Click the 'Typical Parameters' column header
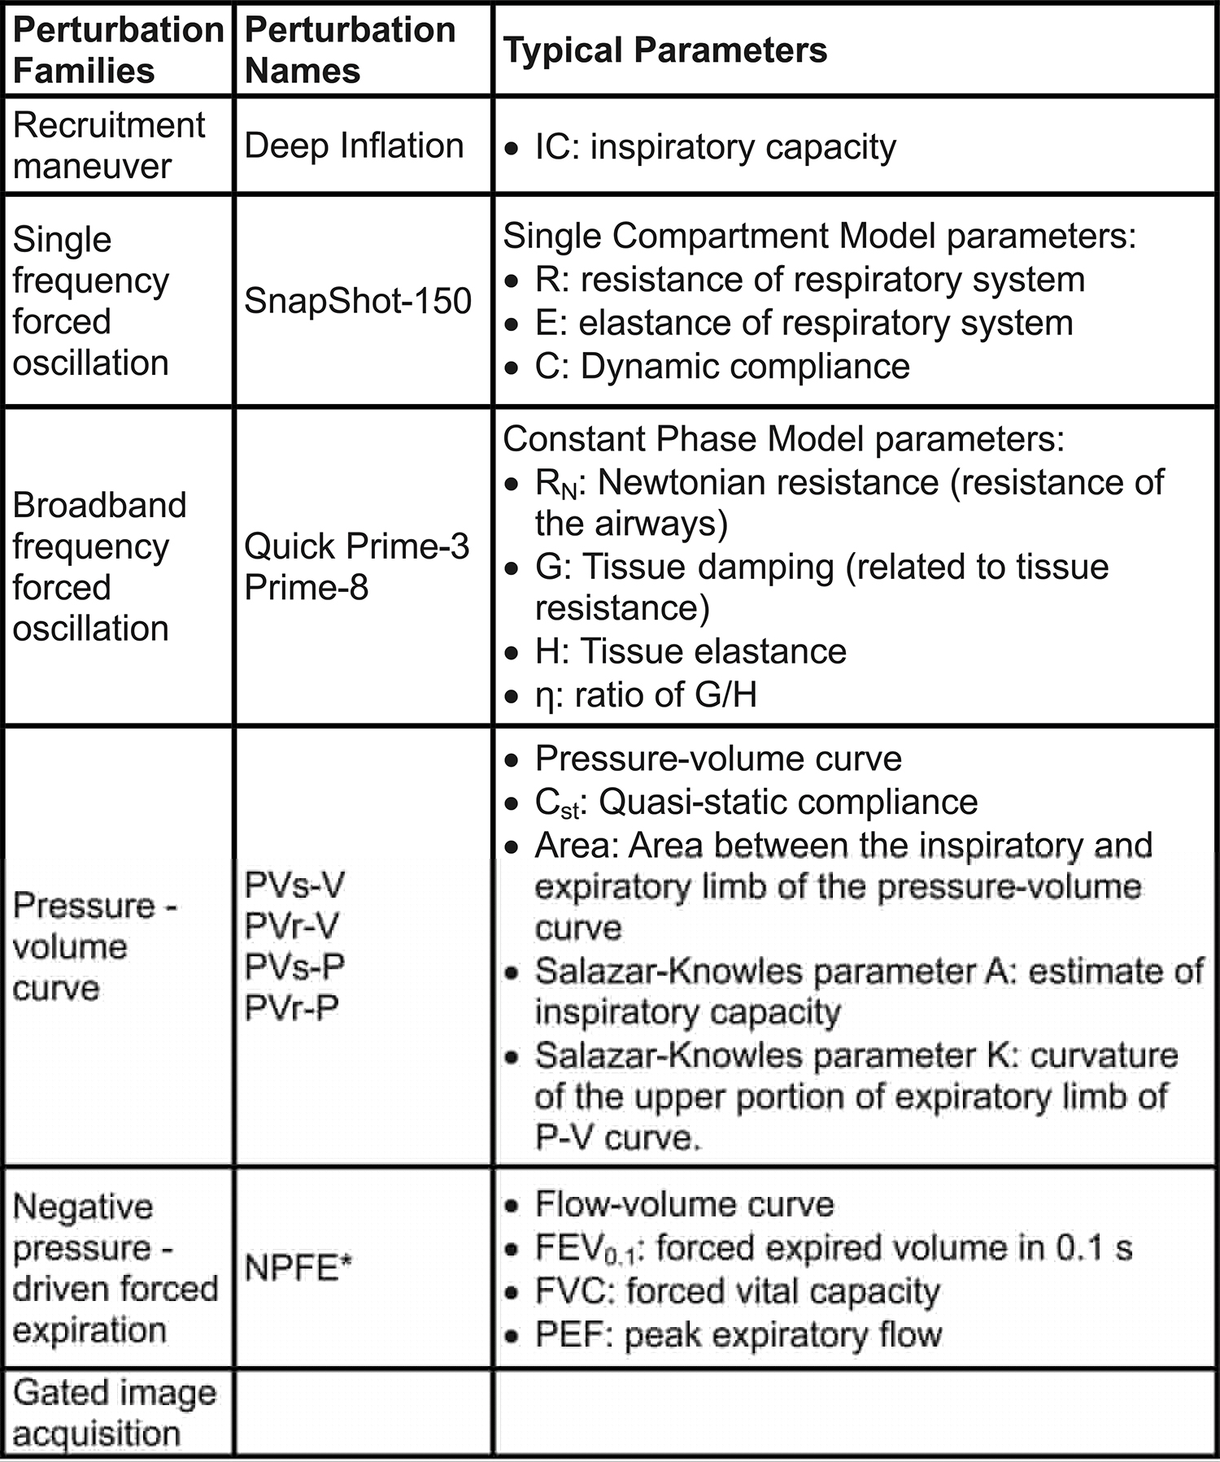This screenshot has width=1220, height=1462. [x=664, y=50]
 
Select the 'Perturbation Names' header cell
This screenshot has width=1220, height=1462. [x=350, y=50]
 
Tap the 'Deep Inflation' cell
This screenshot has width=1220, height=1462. [x=354, y=146]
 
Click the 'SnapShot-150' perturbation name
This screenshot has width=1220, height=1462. [x=358, y=302]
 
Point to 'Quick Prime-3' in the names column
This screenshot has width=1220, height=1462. [x=356, y=546]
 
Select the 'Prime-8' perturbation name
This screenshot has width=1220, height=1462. [x=306, y=587]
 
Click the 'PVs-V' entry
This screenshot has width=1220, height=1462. [x=294, y=885]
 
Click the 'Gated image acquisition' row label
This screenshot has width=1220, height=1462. [x=114, y=1413]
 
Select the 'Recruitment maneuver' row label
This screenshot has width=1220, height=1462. [x=109, y=146]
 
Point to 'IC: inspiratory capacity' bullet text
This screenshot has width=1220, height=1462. [x=715, y=147]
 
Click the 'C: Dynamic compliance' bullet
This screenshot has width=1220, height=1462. [x=721, y=367]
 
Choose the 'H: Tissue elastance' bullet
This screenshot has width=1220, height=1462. [x=690, y=651]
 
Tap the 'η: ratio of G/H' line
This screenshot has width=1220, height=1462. [x=645, y=695]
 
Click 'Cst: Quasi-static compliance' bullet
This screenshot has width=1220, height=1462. [x=756, y=803]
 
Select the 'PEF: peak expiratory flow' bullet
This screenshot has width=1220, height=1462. [x=738, y=1335]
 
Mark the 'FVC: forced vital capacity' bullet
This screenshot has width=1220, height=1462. [x=737, y=1291]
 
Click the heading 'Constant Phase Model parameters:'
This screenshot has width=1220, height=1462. [x=783, y=439]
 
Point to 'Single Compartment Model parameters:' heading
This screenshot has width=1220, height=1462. [x=819, y=236]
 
